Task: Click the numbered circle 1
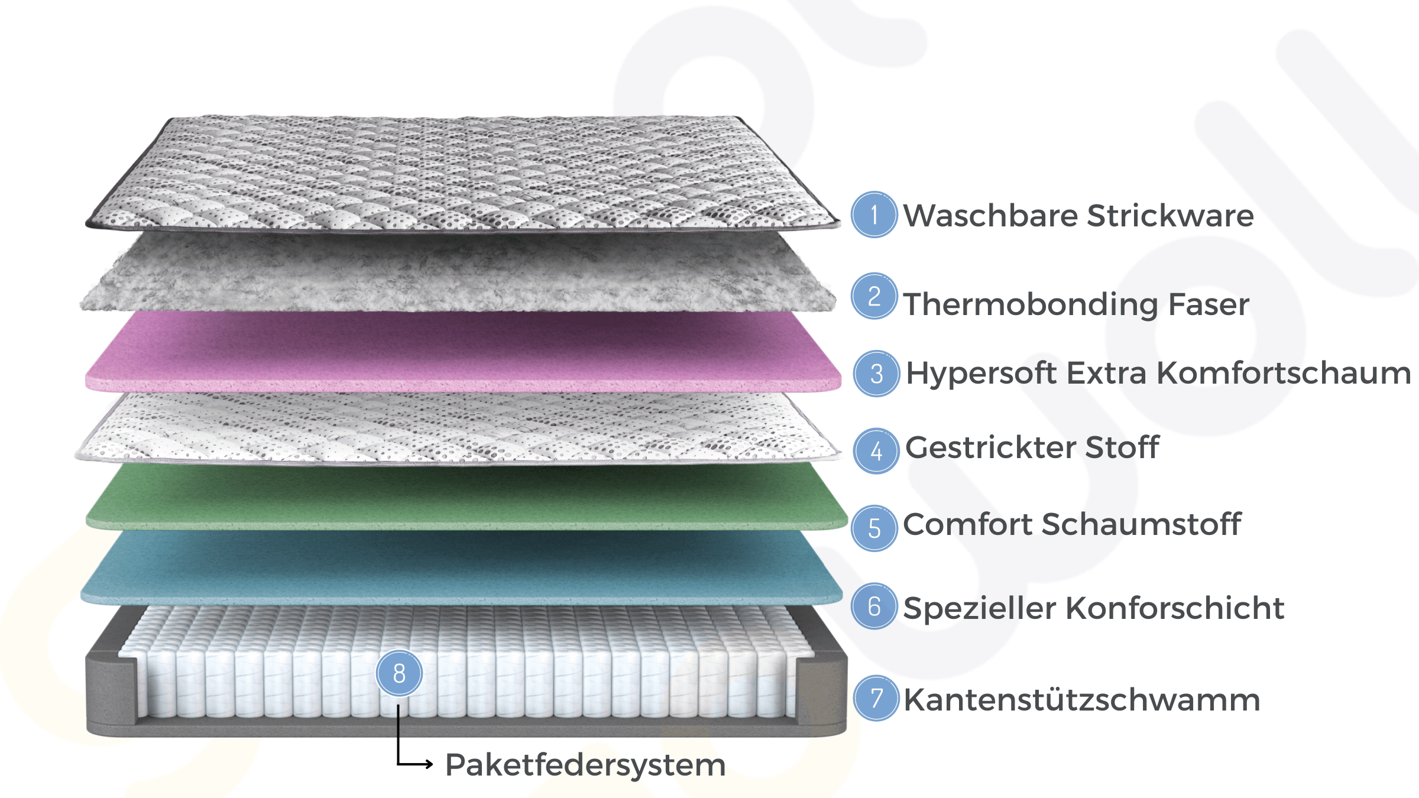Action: click(x=874, y=215)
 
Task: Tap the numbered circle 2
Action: click(x=874, y=296)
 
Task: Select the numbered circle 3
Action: click(x=876, y=374)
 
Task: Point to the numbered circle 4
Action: click(x=876, y=451)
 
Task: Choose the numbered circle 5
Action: click(x=874, y=528)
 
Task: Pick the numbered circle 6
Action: click(x=874, y=606)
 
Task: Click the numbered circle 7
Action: click(x=876, y=698)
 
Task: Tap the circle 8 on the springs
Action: click(x=399, y=673)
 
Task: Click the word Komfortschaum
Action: click(x=1284, y=373)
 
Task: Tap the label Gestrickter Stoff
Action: click(x=1032, y=447)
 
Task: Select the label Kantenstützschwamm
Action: click(x=1081, y=700)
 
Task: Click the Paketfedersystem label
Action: click(x=585, y=765)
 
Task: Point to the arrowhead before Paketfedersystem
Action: click(x=429, y=764)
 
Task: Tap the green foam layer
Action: click(x=461, y=497)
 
